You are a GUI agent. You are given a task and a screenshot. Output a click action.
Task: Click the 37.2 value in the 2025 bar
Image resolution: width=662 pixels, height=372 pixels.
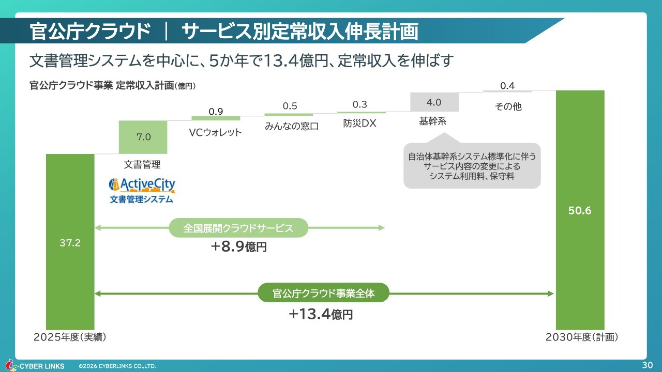pos(70,243)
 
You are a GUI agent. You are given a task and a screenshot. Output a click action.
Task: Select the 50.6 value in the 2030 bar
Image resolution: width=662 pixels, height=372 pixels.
pos(580,210)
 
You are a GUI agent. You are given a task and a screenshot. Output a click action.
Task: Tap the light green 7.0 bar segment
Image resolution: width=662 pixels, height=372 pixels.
pos(143,137)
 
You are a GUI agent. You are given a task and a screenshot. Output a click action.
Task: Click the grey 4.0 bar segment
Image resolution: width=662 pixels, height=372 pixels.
pos(434,102)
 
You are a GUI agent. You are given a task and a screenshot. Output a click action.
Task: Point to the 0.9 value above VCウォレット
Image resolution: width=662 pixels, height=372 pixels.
pos(216,111)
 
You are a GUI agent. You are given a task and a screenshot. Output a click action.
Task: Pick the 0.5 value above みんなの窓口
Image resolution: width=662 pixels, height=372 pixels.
pos(290,106)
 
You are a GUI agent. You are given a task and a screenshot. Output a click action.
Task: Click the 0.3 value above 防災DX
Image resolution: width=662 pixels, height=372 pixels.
pos(359,104)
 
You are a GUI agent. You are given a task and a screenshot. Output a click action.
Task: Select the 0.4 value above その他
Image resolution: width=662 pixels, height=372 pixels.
pos(507,86)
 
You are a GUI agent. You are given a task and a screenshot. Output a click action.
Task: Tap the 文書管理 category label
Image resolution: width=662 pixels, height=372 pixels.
pos(142,164)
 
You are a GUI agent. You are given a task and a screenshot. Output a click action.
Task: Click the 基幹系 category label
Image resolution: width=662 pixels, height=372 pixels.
pos(433,121)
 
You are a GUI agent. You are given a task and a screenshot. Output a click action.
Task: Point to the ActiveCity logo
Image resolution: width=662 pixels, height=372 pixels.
pos(142,191)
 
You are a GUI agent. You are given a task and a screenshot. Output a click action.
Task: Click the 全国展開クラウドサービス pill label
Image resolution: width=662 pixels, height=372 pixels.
pos(238,228)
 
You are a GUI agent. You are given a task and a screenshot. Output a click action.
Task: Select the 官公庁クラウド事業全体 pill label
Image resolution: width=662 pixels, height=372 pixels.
pos(324,293)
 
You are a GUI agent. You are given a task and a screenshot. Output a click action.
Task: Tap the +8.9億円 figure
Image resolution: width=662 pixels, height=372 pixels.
pos(239,246)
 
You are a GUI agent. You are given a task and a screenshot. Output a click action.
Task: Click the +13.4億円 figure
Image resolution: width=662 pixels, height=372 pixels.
pos(321,314)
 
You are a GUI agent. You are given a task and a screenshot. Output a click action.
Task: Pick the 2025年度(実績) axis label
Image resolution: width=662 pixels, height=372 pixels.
pos(70,337)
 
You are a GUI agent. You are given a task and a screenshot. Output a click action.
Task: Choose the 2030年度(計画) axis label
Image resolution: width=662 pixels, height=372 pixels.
pos(582,337)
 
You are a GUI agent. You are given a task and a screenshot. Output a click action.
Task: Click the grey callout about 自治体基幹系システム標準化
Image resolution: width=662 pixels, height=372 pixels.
pos(472,166)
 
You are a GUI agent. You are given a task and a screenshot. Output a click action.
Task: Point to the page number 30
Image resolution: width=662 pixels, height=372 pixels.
pos(647,365)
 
